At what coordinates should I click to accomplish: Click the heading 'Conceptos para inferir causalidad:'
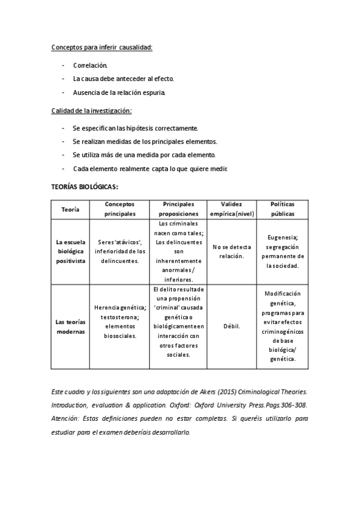(101, 46)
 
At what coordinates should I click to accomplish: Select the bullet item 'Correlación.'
(90, 65)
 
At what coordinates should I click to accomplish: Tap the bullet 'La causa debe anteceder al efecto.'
(124, 79)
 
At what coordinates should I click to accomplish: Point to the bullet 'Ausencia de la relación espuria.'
(118, 93)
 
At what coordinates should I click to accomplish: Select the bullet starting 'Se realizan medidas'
(145, 142)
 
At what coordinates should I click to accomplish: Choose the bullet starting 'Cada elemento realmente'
(150, 169)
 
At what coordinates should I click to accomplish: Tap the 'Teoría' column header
(71, 209)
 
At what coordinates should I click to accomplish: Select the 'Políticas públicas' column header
(283, 209)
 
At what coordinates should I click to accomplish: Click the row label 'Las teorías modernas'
(71, 327)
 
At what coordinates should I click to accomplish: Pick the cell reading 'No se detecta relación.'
(232, 251)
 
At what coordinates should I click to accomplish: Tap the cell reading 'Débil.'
(232, 327)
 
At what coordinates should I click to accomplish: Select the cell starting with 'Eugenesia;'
(283, 251)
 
